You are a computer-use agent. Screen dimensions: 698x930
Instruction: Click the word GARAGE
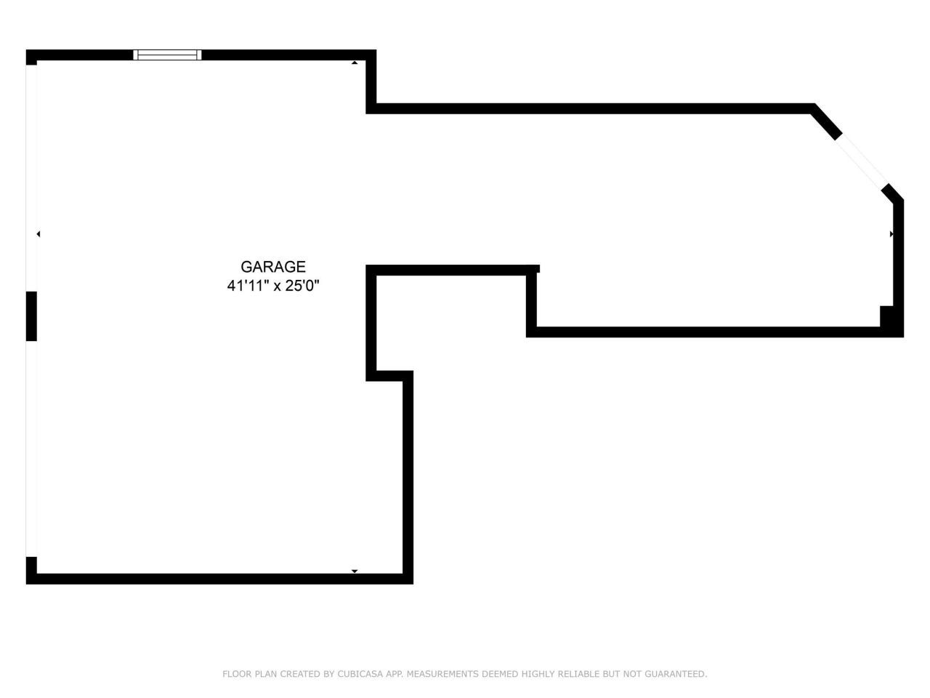[273, 267]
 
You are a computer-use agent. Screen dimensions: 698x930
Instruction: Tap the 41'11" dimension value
[246, 286]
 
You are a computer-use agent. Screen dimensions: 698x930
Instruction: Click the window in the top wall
[167, 55]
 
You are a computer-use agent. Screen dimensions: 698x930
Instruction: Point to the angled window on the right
[862, 161]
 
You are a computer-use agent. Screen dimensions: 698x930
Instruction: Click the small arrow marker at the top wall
[355, 63]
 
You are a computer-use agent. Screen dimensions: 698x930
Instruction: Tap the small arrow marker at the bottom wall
[355, 571]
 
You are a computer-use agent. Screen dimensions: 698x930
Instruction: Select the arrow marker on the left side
[39, 234]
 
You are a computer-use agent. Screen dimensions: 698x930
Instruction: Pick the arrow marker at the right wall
[891, 234]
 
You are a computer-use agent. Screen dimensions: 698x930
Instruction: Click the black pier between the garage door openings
[31, 316]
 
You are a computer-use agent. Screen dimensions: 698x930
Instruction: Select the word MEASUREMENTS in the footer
[442, 674]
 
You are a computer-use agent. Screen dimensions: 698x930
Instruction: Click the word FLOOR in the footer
[237, 674]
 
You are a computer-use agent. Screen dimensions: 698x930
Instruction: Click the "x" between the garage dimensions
[277, 286]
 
